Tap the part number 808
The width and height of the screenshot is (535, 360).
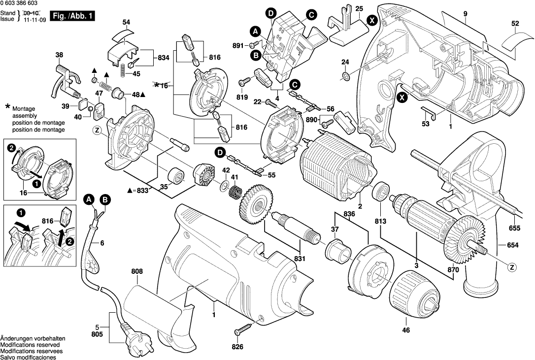click(137, 271)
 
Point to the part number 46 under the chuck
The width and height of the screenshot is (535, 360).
click(406, 330)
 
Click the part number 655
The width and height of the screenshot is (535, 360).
click(515, 228)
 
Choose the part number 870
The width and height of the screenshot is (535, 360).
click(453, 270)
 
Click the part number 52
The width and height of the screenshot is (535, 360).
click(515, 23)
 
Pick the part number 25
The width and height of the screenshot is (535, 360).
click(359, 9)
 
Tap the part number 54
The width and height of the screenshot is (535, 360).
click(127, 23)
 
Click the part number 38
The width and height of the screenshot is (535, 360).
click(59, 55)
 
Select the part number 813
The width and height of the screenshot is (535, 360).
click(381, 221)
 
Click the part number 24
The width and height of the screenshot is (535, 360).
click(345, 62)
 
